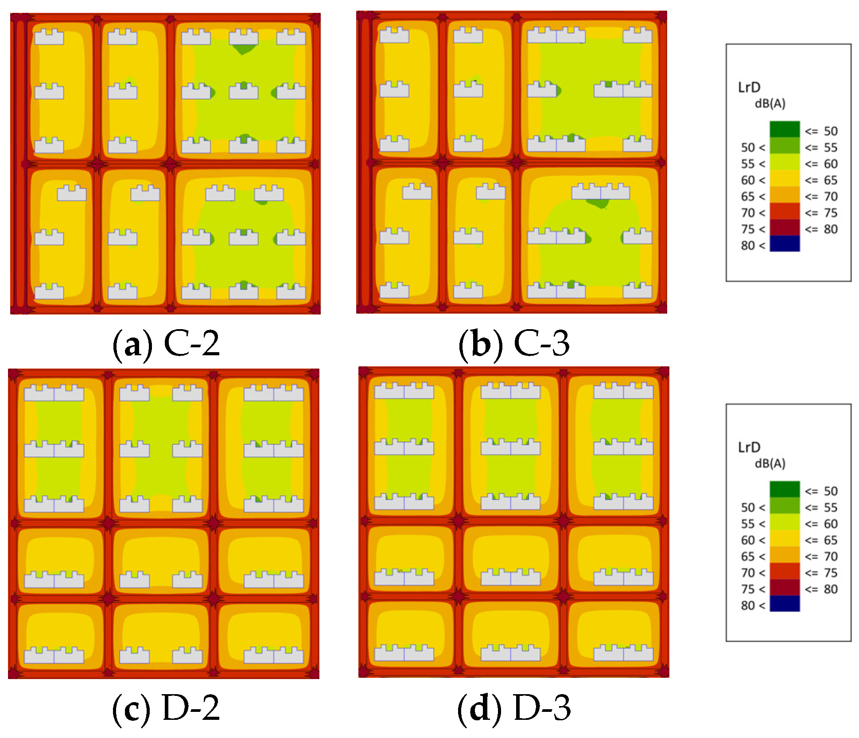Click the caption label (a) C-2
click(x=166, y=343)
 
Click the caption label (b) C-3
click(x=514, y=343)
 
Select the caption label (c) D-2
click(x=166, y=708)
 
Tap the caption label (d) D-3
click(x=514, y=708)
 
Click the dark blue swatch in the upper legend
click(x=785, y=244)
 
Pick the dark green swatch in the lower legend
click(x=785, y=489)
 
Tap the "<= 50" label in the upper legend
click(x=821, y=131)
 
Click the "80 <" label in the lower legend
click(x=753, y=606)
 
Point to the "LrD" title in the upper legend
click(x=749, y=87)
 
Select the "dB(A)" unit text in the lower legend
click(x=770, y=463)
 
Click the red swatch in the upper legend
click(x=785, y=211)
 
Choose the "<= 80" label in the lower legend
click(x=821, y=589)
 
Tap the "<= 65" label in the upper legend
click(x=821, y=180)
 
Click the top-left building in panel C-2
click(x=49, y=37)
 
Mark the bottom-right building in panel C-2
click(x=291, y=291)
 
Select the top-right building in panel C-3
click(x=637, y=35)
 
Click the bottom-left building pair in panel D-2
click(x=54, y=656)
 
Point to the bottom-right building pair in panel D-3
click(x=623, y=653)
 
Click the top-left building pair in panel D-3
click(x=404, y=391)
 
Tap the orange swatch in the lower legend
click(x=785, y=555)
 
